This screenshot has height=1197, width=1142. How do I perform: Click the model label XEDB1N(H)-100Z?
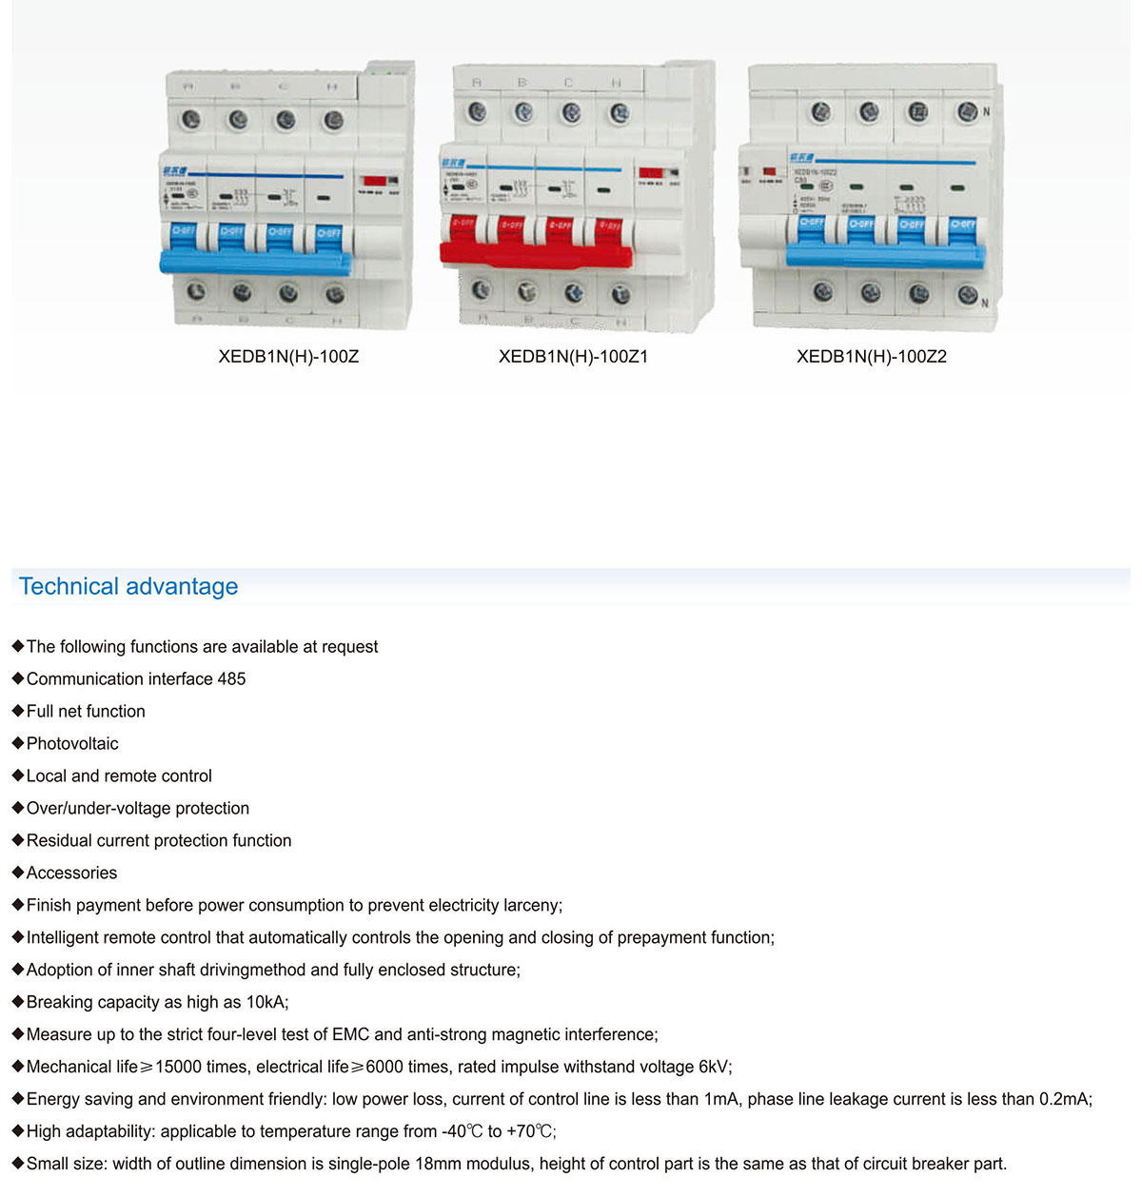[288, 357]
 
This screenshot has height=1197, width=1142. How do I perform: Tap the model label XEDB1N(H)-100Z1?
[573, 357]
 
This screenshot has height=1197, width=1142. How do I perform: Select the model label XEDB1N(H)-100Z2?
[871, 357]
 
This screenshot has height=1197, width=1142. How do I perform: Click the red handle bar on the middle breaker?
[535, 253]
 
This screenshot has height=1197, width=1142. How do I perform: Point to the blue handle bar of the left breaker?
[255, 261]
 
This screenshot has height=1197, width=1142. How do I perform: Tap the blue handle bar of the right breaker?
[885, 255]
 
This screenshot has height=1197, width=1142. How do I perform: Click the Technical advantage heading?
[128, 586]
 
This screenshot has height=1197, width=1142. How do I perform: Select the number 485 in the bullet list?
[231, 678]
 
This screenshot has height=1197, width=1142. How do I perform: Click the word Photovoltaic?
[72, 743]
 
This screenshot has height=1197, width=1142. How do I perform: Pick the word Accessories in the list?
[71, 873]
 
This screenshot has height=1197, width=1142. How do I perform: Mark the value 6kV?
[714, 1067]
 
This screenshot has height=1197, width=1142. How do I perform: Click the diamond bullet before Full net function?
[17, 711]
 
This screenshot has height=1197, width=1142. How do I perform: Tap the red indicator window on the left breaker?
[374, 180]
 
